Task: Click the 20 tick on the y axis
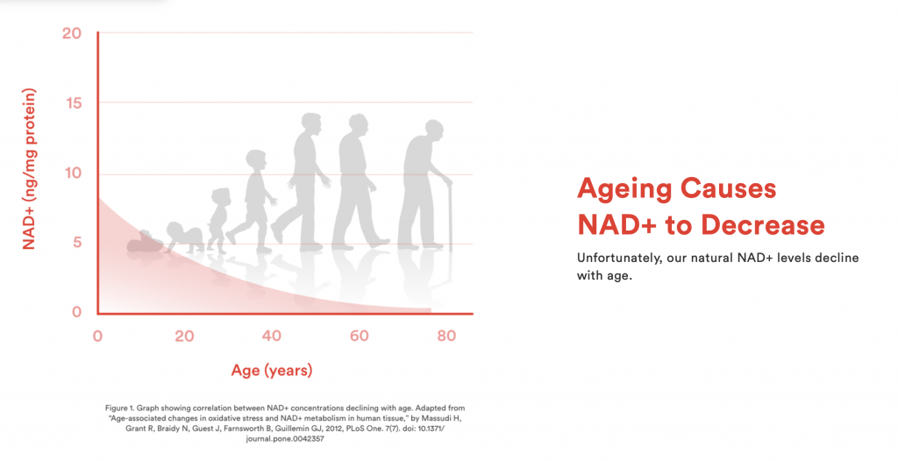coord(72,33)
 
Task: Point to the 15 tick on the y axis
coord(73,103)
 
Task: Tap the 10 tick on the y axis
coord(73,173)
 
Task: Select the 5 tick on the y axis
coord(77,242)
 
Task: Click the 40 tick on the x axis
coord(272,336)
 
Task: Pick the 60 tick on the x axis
coord(359,336)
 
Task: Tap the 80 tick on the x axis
coord(446,336)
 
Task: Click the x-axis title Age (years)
coord(272,371)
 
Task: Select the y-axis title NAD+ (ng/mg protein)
coord(29,169)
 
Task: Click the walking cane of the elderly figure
coord(450,216)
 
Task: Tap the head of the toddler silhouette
coord(220,196)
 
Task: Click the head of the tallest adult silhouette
coord(311,123)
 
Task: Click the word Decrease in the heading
coord(762,224)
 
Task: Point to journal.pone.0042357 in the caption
coord(285,439)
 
